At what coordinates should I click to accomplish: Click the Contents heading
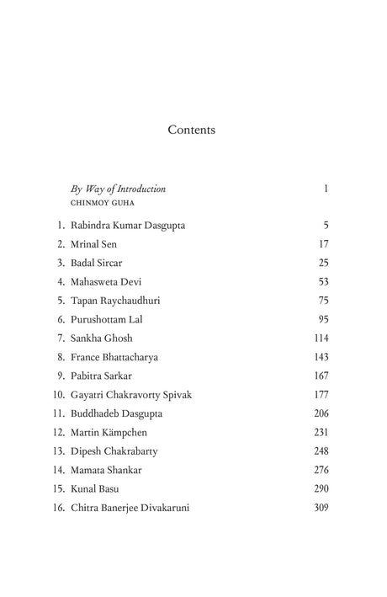(192, 130)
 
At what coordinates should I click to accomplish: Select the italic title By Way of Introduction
(118, 189)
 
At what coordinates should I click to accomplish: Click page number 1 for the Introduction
(325, 189)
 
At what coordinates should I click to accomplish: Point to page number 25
(323, 263)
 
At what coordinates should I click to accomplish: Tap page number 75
(322, 301)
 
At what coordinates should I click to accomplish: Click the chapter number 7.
(61, 338)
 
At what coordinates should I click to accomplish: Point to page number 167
(321, 376)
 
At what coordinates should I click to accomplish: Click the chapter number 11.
(58, 413)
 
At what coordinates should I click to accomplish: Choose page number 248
(320, 451)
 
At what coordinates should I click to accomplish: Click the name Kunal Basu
(95, 488)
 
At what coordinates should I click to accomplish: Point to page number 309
(320, 508)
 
